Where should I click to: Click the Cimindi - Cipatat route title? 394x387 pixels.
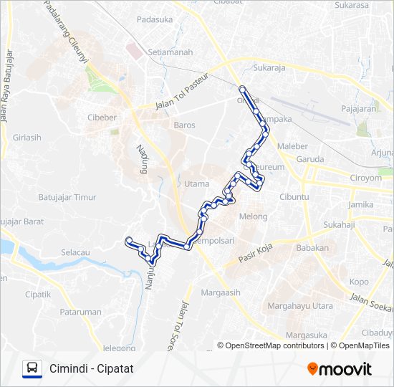coord(92,368)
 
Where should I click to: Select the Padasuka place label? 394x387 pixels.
coord(154,19)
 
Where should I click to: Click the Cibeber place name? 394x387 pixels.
coord(101,117)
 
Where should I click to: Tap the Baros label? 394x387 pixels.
coord(184,125)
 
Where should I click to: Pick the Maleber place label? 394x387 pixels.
coord(292,145)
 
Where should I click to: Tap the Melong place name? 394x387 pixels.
coord(253,216)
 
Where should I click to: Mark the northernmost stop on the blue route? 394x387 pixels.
coord(242,89)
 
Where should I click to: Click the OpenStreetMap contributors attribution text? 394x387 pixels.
coord(275,345)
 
